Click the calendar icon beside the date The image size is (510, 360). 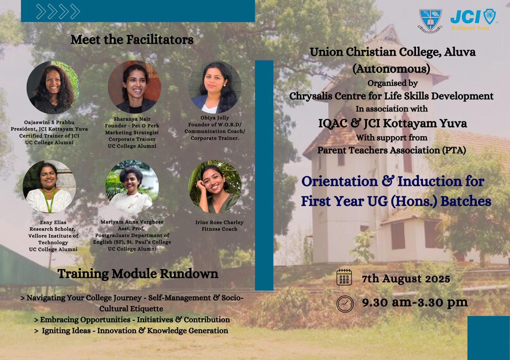[x=344, y=277]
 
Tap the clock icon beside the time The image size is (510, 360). [x=345, y=304]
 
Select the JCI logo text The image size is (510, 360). [x=465, y=17]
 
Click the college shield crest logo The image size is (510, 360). [x=430, y=21]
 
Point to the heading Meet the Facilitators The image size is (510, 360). [x=132, y=39]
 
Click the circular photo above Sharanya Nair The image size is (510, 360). [x=134, y=87]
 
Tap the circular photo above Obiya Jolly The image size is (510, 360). [x=215, y=88]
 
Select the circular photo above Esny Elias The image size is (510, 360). [x=49, y=187]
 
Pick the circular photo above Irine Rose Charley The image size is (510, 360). [x=215, y=187]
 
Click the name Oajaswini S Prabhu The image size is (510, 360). [x=49, y=122]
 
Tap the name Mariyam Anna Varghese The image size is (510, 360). [x=132, y=222]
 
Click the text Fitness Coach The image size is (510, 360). [x=219, y=229]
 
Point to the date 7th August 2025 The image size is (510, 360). [x=406, y=279]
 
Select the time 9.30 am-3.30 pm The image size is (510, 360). [x=415, y=303]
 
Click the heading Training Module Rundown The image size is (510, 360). [x=138, y=274]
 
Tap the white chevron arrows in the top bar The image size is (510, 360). [x=58, y=12]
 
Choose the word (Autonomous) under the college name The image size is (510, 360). [x=391, y=69]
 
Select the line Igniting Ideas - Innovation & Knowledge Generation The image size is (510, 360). [x=131, y=331]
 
